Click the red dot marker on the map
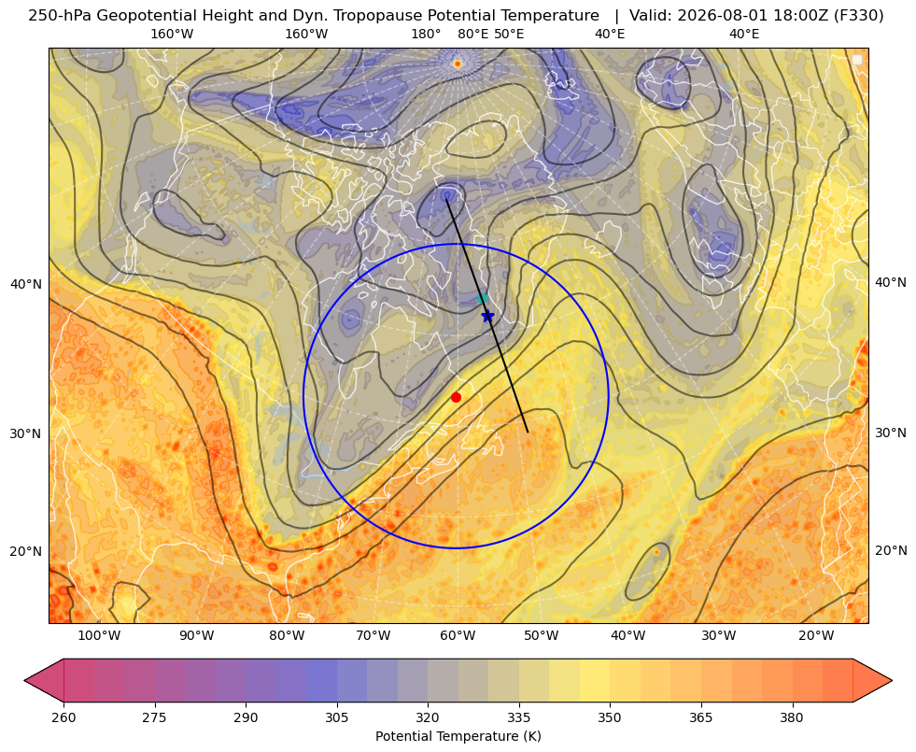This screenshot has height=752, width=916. pos(456,397)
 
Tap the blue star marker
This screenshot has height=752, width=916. pos(487,316)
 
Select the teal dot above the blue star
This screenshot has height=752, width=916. pos(482,299)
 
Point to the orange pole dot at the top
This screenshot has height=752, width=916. pos(458,64)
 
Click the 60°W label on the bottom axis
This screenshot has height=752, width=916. pos(458,636)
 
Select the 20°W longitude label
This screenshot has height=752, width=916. pos(815,636)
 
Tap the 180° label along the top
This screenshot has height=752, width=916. pos(426,34)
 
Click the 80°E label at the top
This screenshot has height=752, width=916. pos(472,34)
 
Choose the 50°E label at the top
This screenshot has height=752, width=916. pos(509,34)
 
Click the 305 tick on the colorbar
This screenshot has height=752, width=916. pos(336,717)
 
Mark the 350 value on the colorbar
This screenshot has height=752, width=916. pos(610,717)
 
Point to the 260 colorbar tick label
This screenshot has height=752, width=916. pos(63,717)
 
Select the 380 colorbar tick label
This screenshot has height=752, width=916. pos(792,717)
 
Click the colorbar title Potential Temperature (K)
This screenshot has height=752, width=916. pos(458,736)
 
